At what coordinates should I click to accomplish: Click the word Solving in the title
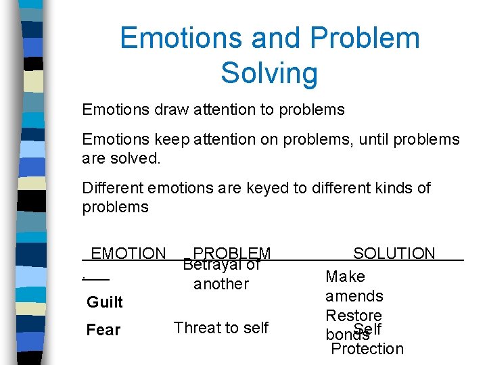coord(269,72)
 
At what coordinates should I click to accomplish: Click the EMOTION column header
coord(128,253)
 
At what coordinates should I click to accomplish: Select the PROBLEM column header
coord(232,253)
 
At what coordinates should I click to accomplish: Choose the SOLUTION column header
coord(394,253)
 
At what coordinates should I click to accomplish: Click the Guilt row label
coord(105,301)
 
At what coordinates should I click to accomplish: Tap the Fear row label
coord(103,330)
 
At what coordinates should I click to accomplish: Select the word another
coord(221,284)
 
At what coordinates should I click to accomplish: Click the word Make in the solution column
coord(345,276)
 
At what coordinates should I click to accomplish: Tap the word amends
coord(354,296)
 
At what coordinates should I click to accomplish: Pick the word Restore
coord(354,316)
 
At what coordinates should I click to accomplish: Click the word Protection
coord(367,349)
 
